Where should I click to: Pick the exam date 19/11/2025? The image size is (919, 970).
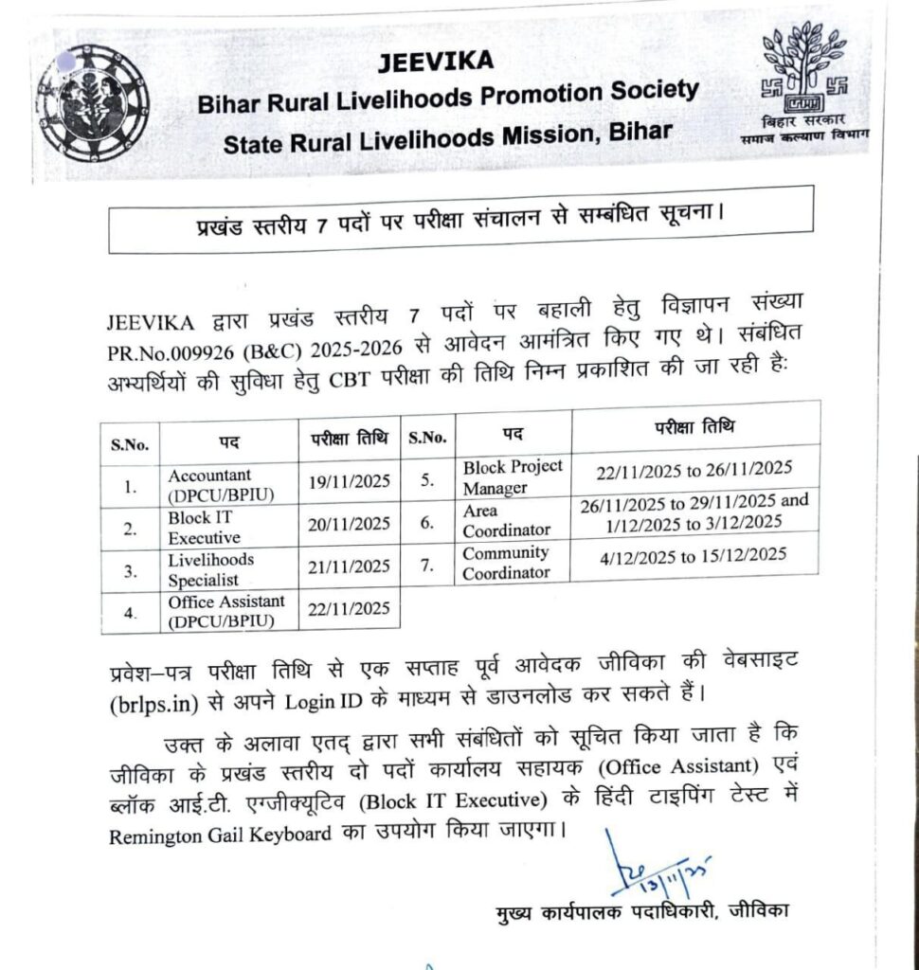click(x=349, y=484)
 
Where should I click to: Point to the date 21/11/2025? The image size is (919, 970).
click(x=349, y=567)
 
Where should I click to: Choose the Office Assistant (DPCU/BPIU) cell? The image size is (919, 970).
click(x=226, y=612)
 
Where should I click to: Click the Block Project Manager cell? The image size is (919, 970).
click(x=512, y=476)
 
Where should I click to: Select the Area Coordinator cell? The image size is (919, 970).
click(x=502, y=521)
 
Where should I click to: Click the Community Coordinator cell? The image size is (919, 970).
click(x=506, y=563)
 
